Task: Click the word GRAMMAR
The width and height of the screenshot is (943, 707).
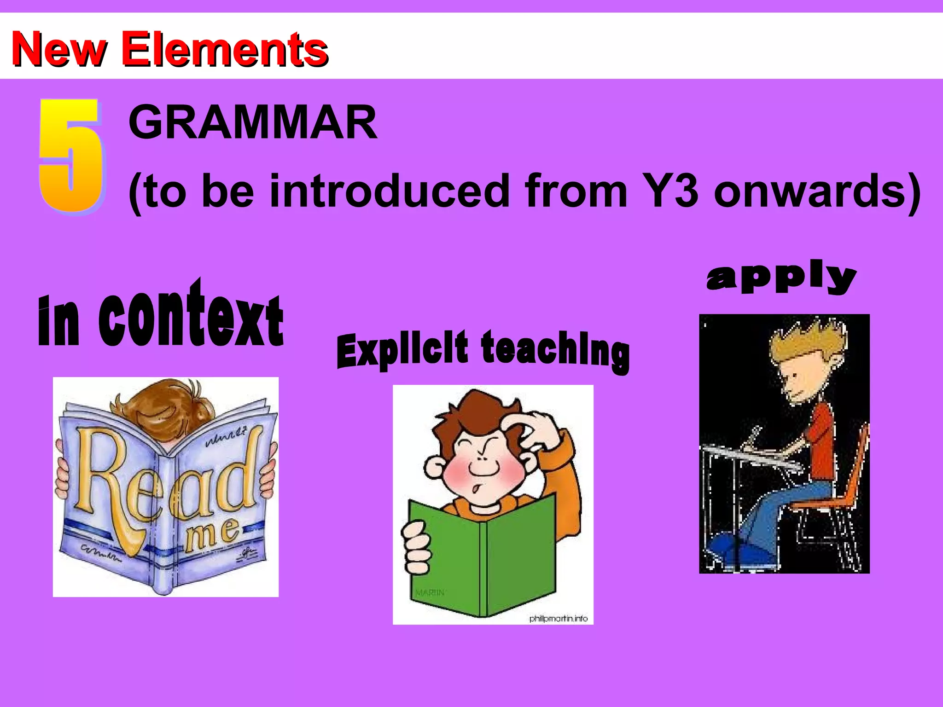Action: click(253, 122)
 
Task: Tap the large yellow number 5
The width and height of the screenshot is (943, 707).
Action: click(71, 156)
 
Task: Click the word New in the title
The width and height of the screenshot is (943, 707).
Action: click(59, 49)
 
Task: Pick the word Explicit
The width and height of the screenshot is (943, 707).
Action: click(402, 351)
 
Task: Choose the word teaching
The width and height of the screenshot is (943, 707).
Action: click(555, 351)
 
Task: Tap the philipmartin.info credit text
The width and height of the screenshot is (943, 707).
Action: click(558, 619)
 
